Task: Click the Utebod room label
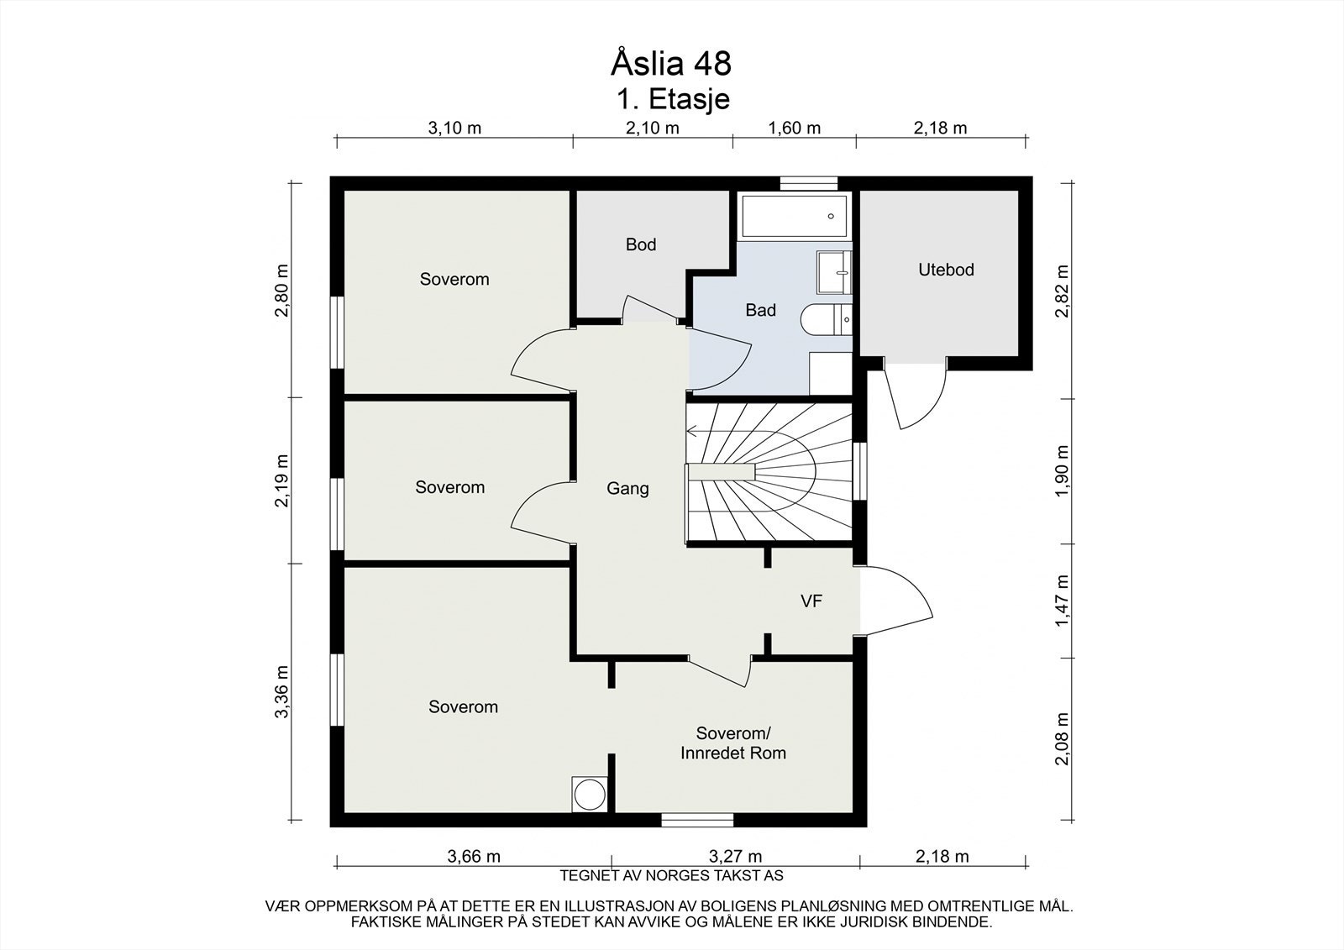[946, 270]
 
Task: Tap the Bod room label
[641, 244]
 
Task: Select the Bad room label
[761, 310]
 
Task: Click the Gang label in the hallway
[627, 489]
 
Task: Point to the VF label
[811, 601]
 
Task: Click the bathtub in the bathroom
[795, 216]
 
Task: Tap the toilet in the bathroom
[827, 319]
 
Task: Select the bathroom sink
[834, 272]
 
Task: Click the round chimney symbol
[589, 795]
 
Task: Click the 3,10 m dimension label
[454, 128]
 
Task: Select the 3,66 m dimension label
[474, 857]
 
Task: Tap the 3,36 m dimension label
[281, 691]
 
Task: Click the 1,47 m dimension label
[1062, 601]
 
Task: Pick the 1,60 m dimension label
[795, 128]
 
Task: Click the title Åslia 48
[671, 64]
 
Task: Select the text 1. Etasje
[673, 100]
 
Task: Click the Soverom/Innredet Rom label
[733, 743]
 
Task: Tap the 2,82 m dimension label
[1062, 291]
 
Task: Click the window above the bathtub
[808, 183]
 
